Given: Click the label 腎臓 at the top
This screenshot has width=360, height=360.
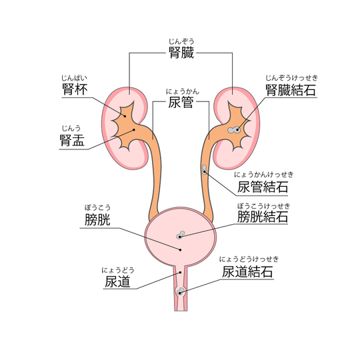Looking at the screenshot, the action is [181, 53].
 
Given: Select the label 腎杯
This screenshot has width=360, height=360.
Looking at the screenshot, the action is [75, 89].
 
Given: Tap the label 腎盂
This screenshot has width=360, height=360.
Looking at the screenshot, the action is [72, 140].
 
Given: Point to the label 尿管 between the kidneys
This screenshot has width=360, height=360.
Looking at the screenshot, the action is [181, 102].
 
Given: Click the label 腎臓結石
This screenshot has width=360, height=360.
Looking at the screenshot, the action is [291, 90].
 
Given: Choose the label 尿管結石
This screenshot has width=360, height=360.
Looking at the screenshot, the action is [263, 187].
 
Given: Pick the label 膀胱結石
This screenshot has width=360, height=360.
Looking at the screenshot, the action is [263, 217].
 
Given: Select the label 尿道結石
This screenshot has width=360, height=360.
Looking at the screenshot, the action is [247, 271].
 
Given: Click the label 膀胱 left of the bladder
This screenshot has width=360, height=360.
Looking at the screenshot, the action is [97, 219].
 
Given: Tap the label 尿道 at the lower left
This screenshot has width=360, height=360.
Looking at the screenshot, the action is [117, 281].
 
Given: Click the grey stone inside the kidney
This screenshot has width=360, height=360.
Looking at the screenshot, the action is [234, 130].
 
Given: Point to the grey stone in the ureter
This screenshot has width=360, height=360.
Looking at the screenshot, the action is [205, 170].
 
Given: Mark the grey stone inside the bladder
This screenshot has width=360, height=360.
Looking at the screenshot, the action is [181, 235].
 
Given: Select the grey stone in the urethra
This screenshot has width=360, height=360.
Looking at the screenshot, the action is [181, 291].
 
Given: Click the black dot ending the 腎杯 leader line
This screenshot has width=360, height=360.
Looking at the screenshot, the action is [125, 116].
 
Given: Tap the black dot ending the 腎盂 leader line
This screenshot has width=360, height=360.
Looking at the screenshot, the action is [134, 130].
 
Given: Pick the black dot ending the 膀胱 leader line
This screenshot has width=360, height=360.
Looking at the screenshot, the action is [180, 250].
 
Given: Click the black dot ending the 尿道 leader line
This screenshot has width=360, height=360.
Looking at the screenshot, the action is [181, 273].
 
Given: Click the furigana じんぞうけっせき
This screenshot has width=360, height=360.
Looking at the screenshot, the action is [291, 78].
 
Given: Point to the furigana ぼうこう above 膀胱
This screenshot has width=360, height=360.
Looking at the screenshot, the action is [97, 208].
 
